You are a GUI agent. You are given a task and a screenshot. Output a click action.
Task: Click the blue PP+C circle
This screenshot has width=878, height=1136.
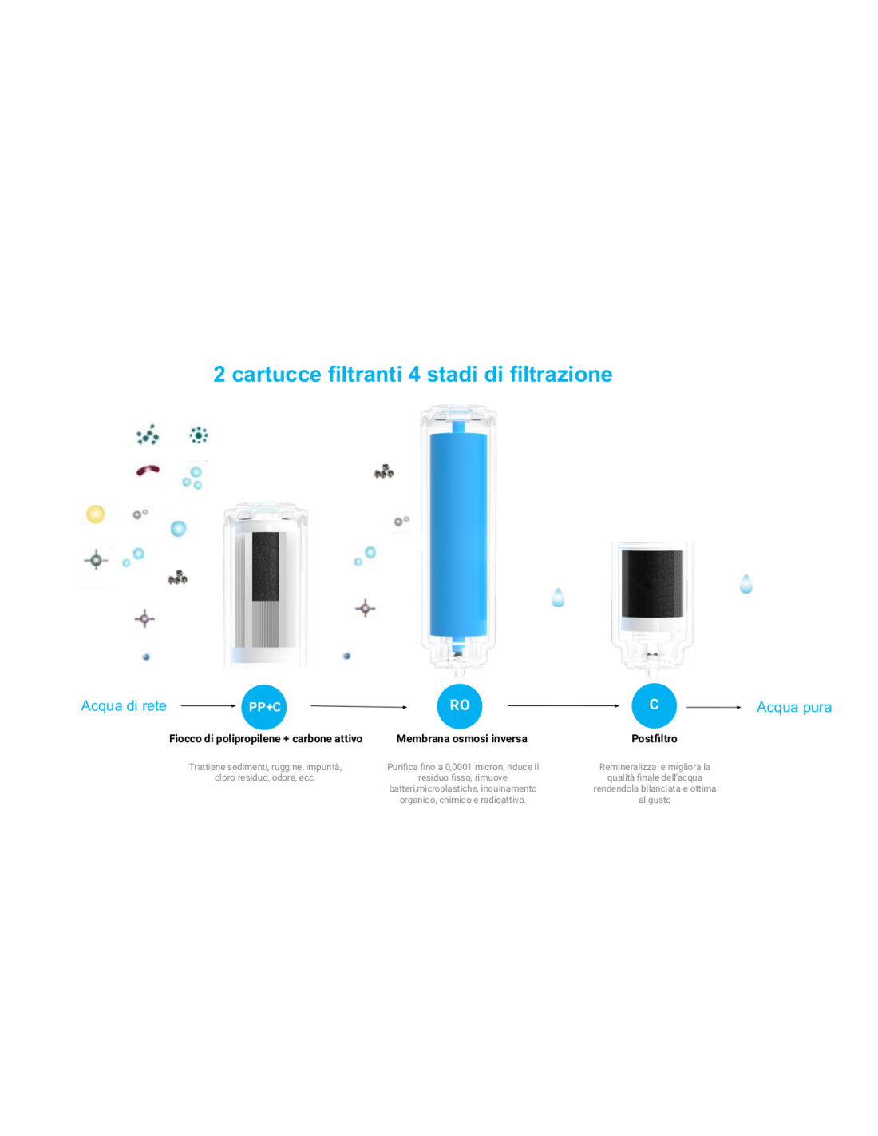coord(263,706)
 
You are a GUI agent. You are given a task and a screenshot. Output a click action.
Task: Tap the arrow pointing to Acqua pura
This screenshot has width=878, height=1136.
coord(714,707)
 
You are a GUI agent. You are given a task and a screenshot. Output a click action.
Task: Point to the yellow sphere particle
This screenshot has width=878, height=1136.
coord(95,514)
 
